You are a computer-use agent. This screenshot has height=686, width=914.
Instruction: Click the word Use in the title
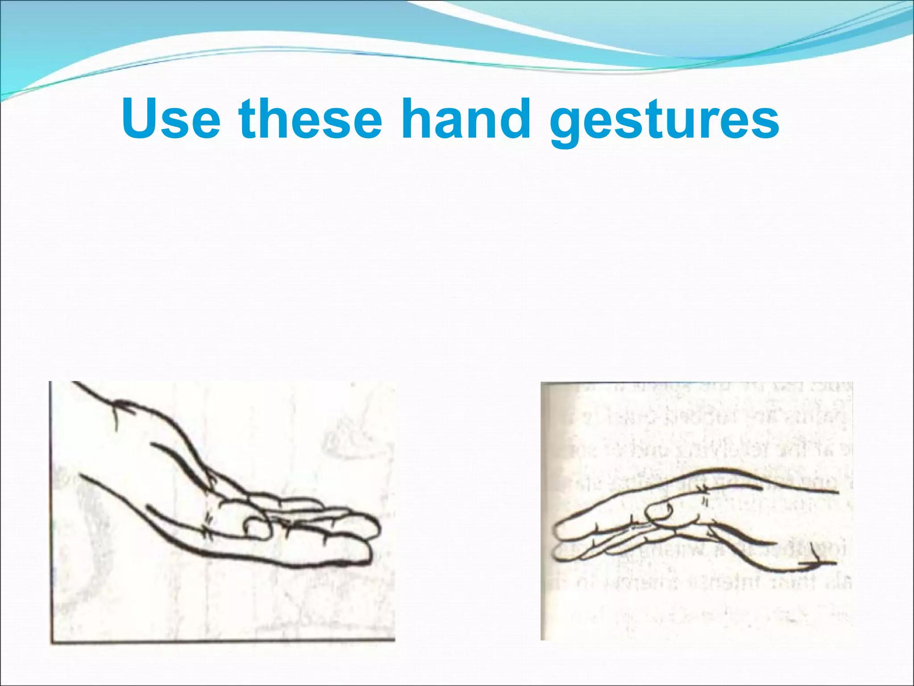(171, 118)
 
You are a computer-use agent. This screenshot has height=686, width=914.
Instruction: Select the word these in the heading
(311, 118)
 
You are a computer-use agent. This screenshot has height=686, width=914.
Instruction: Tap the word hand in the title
(465, 118)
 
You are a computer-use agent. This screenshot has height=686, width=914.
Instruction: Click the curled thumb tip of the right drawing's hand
(658, 509)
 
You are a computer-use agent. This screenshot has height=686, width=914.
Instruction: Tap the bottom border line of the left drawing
(223, 642)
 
